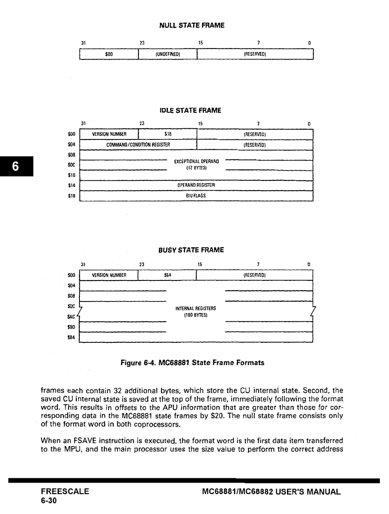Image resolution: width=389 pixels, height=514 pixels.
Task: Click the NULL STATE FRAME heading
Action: click(x=192, y=25)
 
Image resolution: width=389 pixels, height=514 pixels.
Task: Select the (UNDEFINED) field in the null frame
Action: click(x=168, y=54)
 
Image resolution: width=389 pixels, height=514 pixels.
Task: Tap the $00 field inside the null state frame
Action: click(x=109, y=54)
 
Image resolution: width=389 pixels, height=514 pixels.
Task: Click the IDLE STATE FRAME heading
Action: click(x=190, y=110)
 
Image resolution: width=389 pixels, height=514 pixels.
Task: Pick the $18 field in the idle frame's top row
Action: click(x=168, y=134)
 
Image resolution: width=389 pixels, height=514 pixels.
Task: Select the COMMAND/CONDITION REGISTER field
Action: click(x=138, y=145)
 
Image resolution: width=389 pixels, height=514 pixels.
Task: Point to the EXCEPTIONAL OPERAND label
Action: click(x=196, y=162)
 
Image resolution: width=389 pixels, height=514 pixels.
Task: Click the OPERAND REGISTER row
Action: click(x=196, y=185)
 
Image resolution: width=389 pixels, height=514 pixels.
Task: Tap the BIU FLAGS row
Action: click(x=196, y=195)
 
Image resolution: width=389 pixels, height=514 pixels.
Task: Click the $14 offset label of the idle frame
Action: click(x=71, y=185)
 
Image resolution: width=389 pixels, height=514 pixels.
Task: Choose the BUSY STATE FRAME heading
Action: click(x=191, y=250)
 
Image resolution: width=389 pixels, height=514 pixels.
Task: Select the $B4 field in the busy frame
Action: click(x=168, y=275)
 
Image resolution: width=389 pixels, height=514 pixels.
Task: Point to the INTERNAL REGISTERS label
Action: click(x=196, y=309)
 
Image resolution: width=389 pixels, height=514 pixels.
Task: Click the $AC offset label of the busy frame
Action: click(x=71, y=317)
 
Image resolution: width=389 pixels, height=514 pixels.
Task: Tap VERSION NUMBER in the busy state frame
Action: click(x=109, y=275)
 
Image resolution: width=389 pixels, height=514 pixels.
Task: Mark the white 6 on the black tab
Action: click(x=15, y=166)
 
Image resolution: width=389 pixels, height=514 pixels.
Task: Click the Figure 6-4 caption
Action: click(x=192, y=363)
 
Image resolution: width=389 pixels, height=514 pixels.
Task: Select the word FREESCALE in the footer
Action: click(x=65, y=492)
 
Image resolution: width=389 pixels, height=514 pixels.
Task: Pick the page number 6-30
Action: click(x=49, y=500)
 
